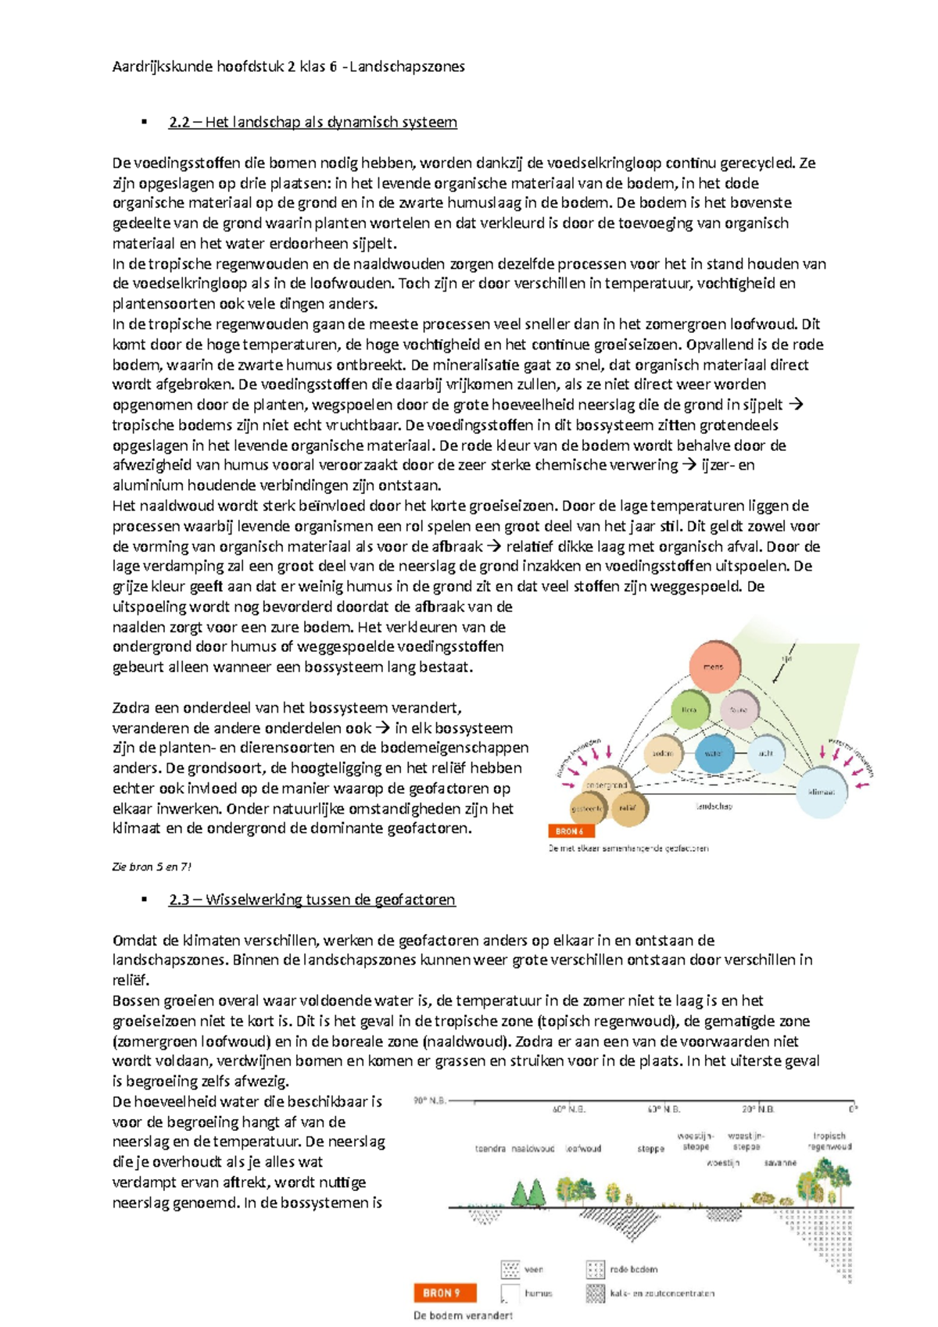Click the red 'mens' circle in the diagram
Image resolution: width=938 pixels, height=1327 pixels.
coord(714,667)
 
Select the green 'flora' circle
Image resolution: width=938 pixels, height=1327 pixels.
coord(689,710)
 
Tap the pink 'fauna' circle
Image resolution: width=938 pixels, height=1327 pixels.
coord(739,710)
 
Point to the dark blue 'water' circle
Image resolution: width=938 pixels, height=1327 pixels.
coord(714,753)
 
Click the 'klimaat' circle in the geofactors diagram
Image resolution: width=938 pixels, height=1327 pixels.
coord(822,792)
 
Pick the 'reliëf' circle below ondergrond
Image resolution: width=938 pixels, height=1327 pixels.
coord(627,809)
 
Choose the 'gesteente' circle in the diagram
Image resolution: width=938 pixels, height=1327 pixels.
coord(587,809)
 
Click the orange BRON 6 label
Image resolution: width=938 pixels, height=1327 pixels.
coord(571,831)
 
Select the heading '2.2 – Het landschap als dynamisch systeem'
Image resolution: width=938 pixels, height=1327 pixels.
coord(313,122)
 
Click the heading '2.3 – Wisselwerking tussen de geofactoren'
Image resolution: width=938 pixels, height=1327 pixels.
coord(311,900)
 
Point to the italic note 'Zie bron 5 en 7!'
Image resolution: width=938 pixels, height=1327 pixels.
coord(152,867)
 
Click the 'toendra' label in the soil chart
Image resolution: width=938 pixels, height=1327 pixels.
coord(490,1149)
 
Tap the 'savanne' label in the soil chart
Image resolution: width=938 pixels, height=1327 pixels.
coord(779,1163)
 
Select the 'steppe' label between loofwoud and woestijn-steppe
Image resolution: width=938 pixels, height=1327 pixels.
coord(650,1149)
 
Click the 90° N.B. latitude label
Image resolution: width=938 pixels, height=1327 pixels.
coord(430,1100)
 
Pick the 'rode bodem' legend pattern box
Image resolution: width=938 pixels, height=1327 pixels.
coord(596,1269)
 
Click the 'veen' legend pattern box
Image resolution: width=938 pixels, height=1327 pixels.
coord(510,1269)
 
